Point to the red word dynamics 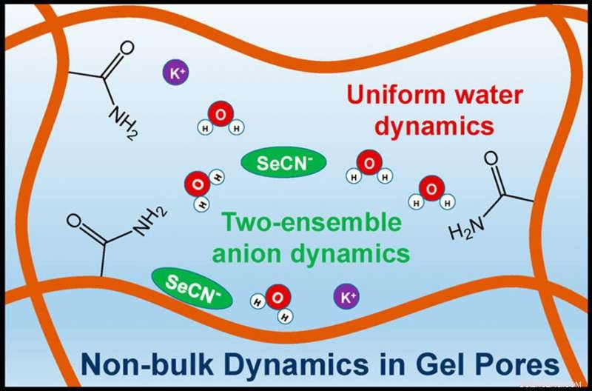(x=434, y=126)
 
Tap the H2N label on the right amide (x=467, y=233)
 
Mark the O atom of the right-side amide (x=491, y=160)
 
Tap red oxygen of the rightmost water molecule (x=429, y=188)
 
